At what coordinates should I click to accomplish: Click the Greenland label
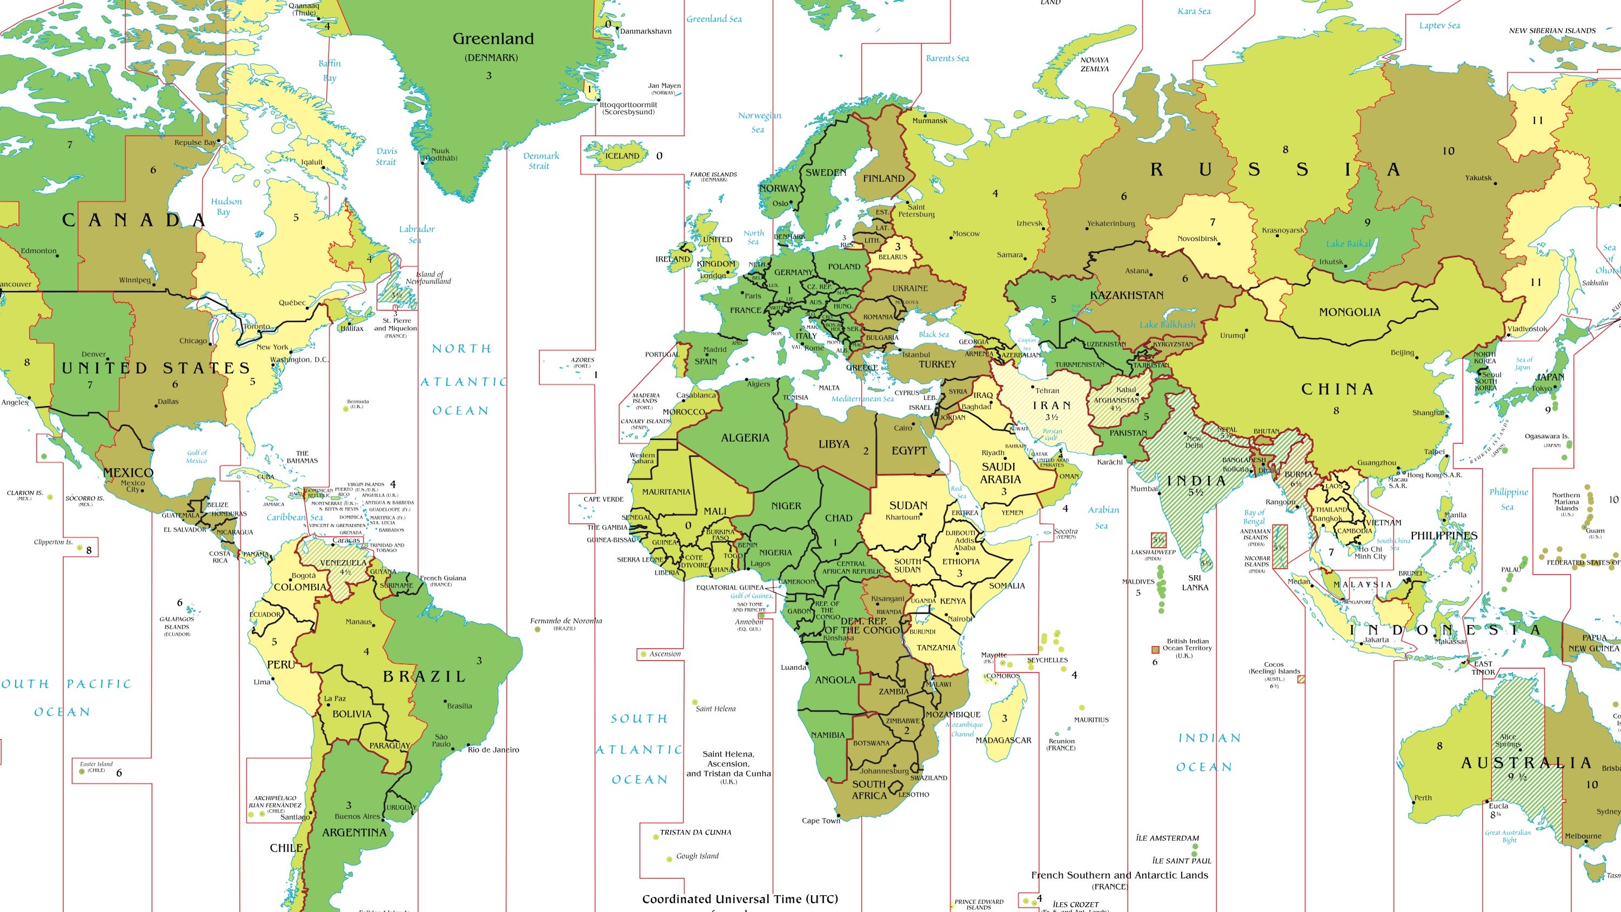(493, 39)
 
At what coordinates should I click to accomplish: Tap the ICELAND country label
(622, 156)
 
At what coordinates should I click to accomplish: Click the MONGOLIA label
(1349, 312)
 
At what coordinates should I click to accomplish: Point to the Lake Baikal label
(1348, 244)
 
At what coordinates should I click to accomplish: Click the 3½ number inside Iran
(1051, 417)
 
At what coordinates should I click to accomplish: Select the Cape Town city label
(821, 821)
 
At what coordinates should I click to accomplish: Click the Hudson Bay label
(226, 206)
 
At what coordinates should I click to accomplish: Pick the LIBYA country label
(834, 444)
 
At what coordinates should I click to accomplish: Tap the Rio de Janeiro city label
(493, 749)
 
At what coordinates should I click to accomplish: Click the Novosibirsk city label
(1197, 239)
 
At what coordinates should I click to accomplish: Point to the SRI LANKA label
(1194, 582)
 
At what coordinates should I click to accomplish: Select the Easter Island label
(96, 764)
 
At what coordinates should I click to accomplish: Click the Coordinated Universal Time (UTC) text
(740, 899)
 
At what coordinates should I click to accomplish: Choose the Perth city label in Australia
(1423, 797)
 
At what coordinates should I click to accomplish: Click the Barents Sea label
(947, 58)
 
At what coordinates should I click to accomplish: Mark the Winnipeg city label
(135, 280)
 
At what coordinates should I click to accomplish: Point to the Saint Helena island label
(715, 709)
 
